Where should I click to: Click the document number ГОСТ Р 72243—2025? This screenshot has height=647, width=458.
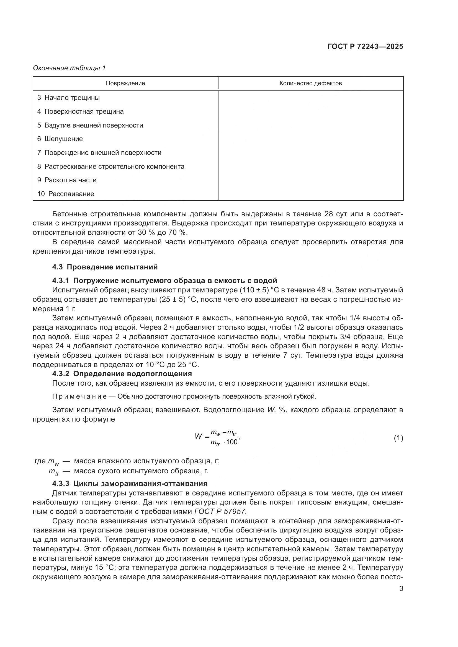[365, 47]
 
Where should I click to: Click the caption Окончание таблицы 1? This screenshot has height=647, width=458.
[69, 68]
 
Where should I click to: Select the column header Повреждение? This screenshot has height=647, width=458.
[125, 83]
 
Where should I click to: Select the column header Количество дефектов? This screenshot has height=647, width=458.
[310, 83]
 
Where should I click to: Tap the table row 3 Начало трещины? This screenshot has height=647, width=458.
[68, 97]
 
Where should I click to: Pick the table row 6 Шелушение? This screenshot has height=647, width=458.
[60, 139]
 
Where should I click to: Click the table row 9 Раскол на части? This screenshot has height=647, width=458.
[67, 180]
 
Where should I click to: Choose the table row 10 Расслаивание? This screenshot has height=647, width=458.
[66, 194]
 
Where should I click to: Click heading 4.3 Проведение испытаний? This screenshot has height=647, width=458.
[105, 267]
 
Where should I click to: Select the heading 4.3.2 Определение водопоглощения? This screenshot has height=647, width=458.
[122, 374]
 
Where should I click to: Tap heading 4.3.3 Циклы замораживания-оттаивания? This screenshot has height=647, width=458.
[130, 484]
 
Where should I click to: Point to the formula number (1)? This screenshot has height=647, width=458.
[398, 438]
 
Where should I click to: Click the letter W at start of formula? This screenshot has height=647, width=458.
[198, 436]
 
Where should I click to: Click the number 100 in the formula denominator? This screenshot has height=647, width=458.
[232, 442]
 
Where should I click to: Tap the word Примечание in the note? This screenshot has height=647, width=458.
[79, 396]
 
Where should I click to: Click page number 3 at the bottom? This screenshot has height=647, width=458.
[401, 589]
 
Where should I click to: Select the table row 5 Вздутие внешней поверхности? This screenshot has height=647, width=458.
[90, 125]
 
